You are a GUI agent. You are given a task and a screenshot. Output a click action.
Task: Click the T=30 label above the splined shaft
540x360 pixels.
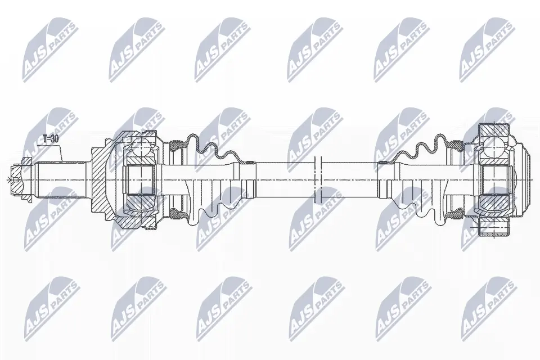coord(51,138)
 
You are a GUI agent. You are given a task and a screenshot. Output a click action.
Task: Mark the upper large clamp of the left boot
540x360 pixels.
coord(179,146)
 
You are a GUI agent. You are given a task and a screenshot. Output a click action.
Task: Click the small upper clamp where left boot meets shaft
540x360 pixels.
coord(246,161)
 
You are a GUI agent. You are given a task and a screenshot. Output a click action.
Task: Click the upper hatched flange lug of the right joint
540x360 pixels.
coord(494,130)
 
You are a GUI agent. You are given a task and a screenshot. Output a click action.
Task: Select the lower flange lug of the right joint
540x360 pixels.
coord(494,227)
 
